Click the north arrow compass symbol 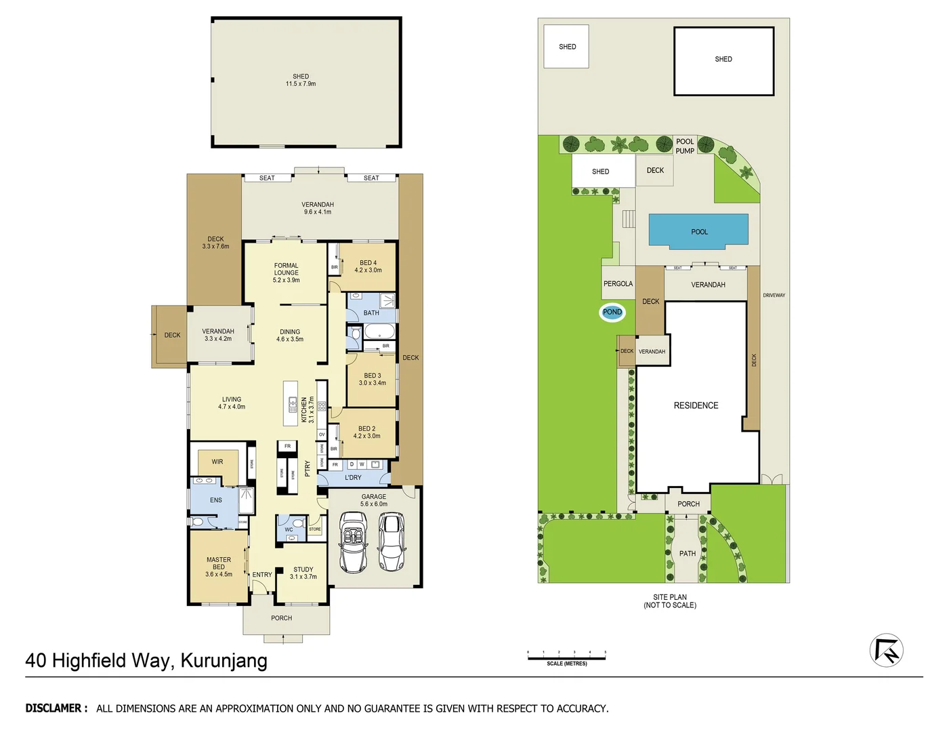886,651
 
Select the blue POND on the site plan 612,312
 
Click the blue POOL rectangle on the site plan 698,230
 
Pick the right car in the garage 391,542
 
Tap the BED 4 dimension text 368,270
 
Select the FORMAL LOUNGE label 287,269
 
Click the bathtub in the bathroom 379,332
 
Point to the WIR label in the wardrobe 217,462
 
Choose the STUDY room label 303,570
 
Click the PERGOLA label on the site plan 618,284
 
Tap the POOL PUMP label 685,146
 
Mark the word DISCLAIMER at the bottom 56,708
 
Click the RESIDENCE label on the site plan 696,405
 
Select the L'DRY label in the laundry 353,478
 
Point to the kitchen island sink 293,405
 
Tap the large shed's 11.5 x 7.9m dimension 301,84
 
